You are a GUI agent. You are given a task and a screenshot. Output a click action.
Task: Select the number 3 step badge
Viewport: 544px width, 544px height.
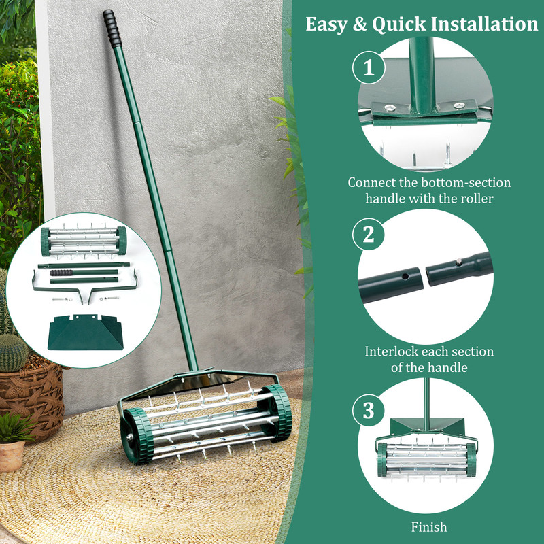pyautogui.click(x=368, y=410)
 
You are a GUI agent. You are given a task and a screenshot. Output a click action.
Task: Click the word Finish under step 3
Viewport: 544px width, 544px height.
pyautogui.click(x=429, y=527)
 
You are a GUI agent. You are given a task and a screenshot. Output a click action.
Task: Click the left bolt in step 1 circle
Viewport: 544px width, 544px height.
pyautogui.click(x=390, y=107)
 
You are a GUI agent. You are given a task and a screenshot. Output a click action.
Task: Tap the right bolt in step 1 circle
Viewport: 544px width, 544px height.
pyautogui.click(x=459, y=105)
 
